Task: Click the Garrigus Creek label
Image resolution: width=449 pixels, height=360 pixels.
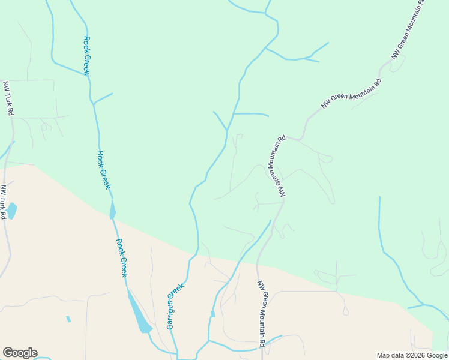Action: tap(174, 306)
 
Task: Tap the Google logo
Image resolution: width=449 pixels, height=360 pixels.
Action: tap(20, 353)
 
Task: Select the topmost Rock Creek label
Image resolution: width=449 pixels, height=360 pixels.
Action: tap(86, 56)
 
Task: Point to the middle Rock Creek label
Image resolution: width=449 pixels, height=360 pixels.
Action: tap(104, 170)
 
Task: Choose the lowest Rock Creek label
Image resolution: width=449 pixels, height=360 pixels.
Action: tap(121, 257)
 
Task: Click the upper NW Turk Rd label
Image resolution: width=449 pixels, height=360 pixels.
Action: tap(8, 99)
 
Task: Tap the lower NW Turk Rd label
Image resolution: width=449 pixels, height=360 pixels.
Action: tap(4, 202)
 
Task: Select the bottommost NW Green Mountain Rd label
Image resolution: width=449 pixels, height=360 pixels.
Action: tap(261, 313)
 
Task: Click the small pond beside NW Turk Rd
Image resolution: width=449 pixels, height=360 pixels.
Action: tap(11, 211)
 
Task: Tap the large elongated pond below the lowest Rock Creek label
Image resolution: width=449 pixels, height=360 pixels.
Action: tap(139, 313)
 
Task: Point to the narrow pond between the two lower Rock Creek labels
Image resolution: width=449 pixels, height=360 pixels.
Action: tap(112, 209)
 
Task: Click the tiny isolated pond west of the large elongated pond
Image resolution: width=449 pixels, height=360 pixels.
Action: tap(68, 319)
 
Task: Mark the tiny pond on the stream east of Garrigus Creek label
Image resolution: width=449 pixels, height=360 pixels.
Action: tap(212, 314)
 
